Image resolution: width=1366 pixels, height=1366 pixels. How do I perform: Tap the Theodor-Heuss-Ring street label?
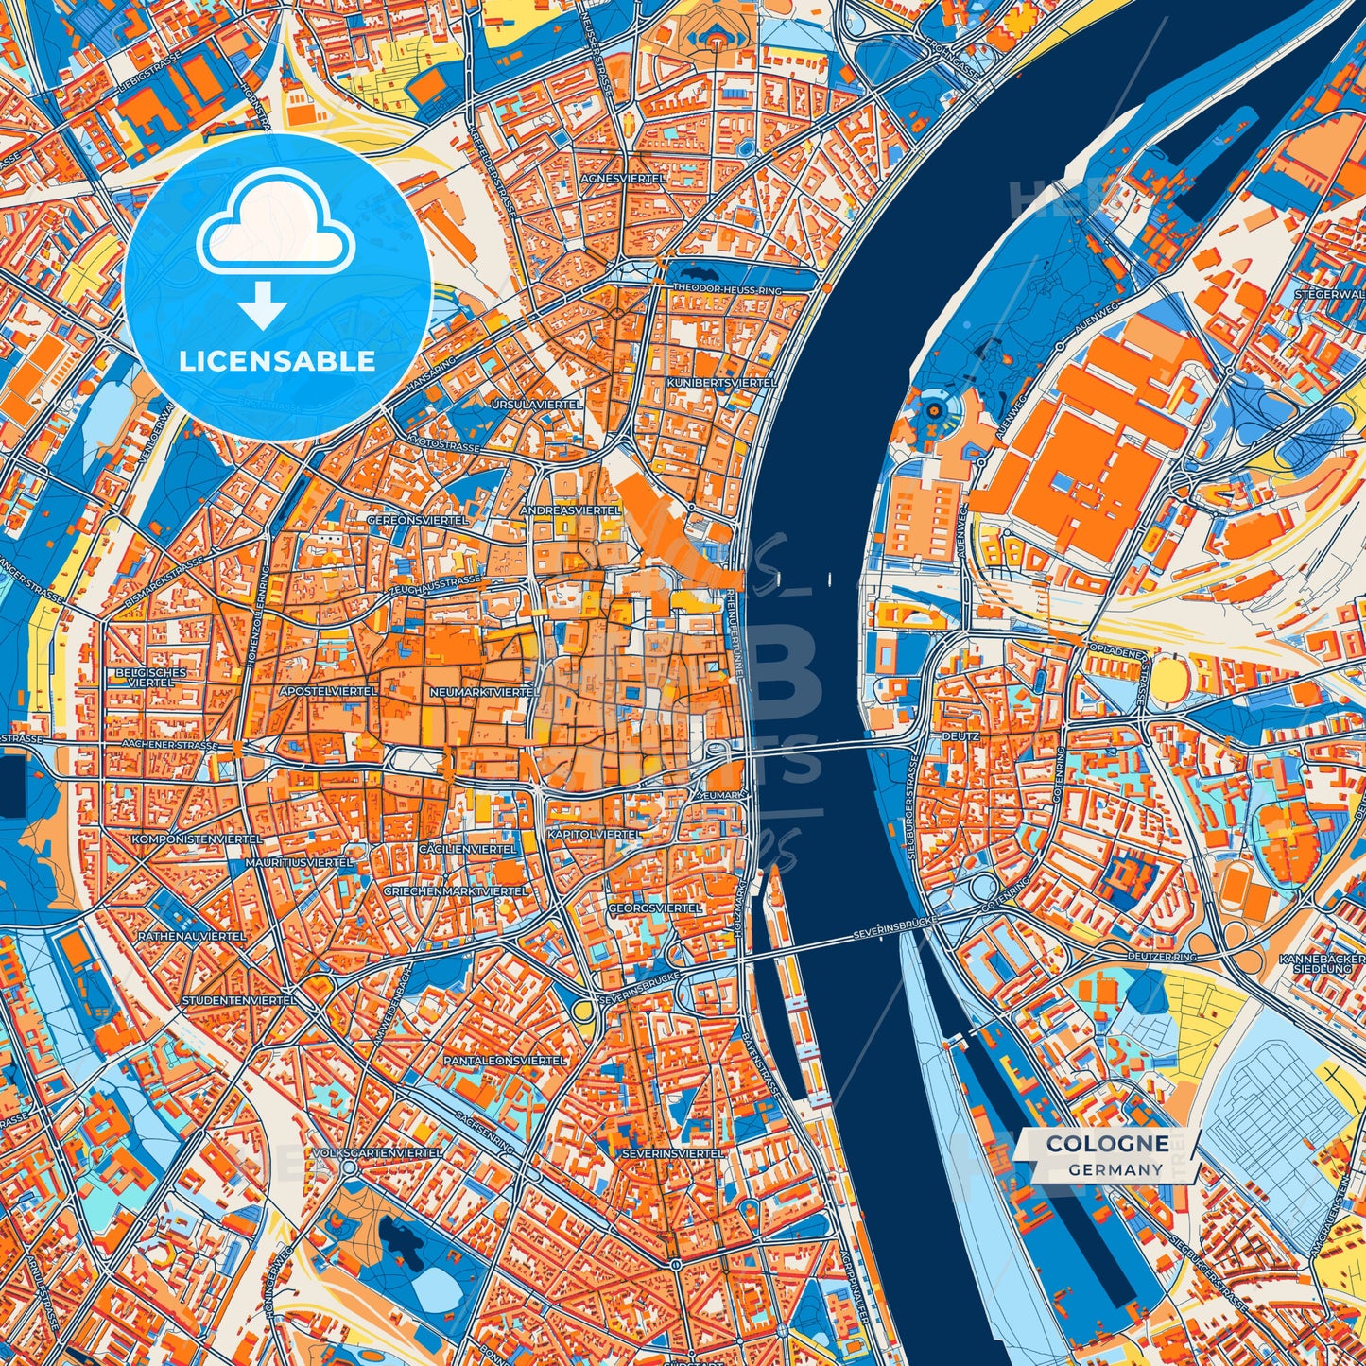[x=727, y=287]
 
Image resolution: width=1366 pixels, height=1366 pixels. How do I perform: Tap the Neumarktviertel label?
[x=484, y=692]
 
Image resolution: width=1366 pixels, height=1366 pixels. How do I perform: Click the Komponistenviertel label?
[x=189, y=839]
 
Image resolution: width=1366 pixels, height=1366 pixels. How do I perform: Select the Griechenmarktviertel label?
[x=456, y=891]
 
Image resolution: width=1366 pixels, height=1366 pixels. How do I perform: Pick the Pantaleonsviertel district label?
[x=519, y=1061]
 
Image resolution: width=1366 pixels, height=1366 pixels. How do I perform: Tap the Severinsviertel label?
[x=673, y=1153]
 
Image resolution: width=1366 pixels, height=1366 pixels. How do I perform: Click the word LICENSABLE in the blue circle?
[x=278, y=360]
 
